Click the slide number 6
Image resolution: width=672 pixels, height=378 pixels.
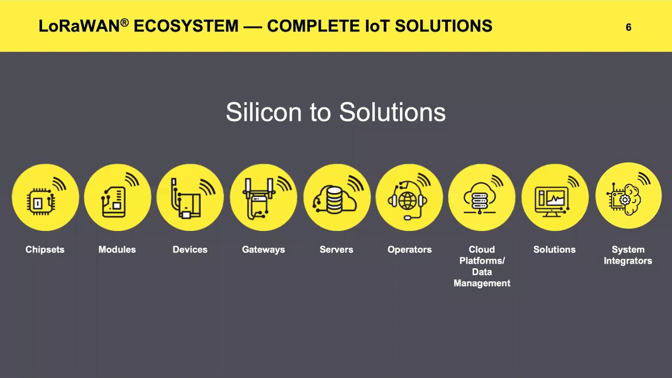coord(628,27)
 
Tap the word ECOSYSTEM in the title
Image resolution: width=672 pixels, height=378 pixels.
coord(186,26)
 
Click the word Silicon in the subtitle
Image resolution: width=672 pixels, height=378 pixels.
coord(264,112)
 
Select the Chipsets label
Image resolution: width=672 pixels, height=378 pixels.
coord(45,249)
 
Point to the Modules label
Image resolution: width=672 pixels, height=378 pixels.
coord(117,249)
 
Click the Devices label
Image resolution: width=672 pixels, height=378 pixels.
coord(190,249)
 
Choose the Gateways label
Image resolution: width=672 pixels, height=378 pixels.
coord(264,250)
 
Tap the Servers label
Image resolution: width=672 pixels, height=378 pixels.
coord(337,249)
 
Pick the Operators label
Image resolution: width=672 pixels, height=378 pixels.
coord(409,250)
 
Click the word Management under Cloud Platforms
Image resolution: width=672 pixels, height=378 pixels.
coord(482,283)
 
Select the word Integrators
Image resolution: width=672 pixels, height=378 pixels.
coord(628,261)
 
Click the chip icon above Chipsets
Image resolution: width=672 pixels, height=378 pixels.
coord(41,202)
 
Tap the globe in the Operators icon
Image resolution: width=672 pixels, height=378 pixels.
coord(407,201)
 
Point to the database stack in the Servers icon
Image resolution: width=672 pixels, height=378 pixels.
coord(334,200)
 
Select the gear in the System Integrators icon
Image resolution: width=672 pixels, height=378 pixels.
coord(625,200)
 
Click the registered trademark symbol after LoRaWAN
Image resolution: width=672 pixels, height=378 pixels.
coord(125,22)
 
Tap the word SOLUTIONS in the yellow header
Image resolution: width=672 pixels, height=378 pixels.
coord(444,26)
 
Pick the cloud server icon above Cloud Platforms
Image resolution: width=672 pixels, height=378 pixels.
coord(480,198)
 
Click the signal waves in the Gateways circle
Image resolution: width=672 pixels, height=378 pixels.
coord(284,184)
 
